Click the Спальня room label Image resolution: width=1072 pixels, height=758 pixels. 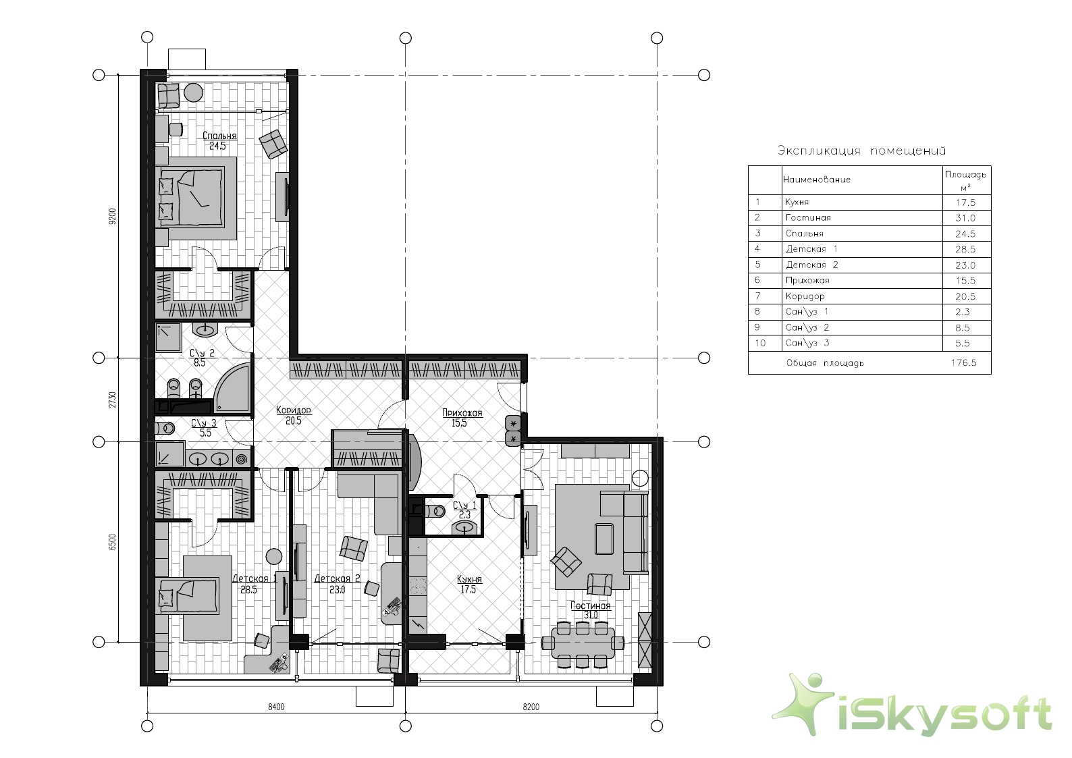click(x=219, y=136)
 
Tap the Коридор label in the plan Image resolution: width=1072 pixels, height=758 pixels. click(x=294, y=410)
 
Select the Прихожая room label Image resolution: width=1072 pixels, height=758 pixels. click(x=462, y=412)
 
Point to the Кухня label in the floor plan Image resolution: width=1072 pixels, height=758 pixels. click(x=469, y=579)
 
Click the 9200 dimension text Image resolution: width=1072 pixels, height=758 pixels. click(x=113, y=216)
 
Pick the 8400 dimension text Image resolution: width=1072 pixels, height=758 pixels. click(x=276, y=707)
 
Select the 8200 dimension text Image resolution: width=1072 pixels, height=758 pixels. click(x=531, y=707)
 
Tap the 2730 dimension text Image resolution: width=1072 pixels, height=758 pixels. click(x=113, y=400)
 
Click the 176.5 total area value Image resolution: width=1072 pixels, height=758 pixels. click(x=963, y=362)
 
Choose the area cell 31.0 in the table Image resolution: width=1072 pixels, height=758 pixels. click(x=965, y=218)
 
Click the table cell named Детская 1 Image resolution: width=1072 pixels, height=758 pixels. click(x=811, y=249)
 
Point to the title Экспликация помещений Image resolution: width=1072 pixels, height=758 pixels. click(x=861, y=151)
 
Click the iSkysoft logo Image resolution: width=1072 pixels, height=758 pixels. click(x=913, y=705)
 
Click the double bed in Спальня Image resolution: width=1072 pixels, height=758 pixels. click(x=192, y=196)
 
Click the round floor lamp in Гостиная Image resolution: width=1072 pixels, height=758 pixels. click(x=640, y=478)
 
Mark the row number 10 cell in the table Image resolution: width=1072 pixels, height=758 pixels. click(x=760, y=343)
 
